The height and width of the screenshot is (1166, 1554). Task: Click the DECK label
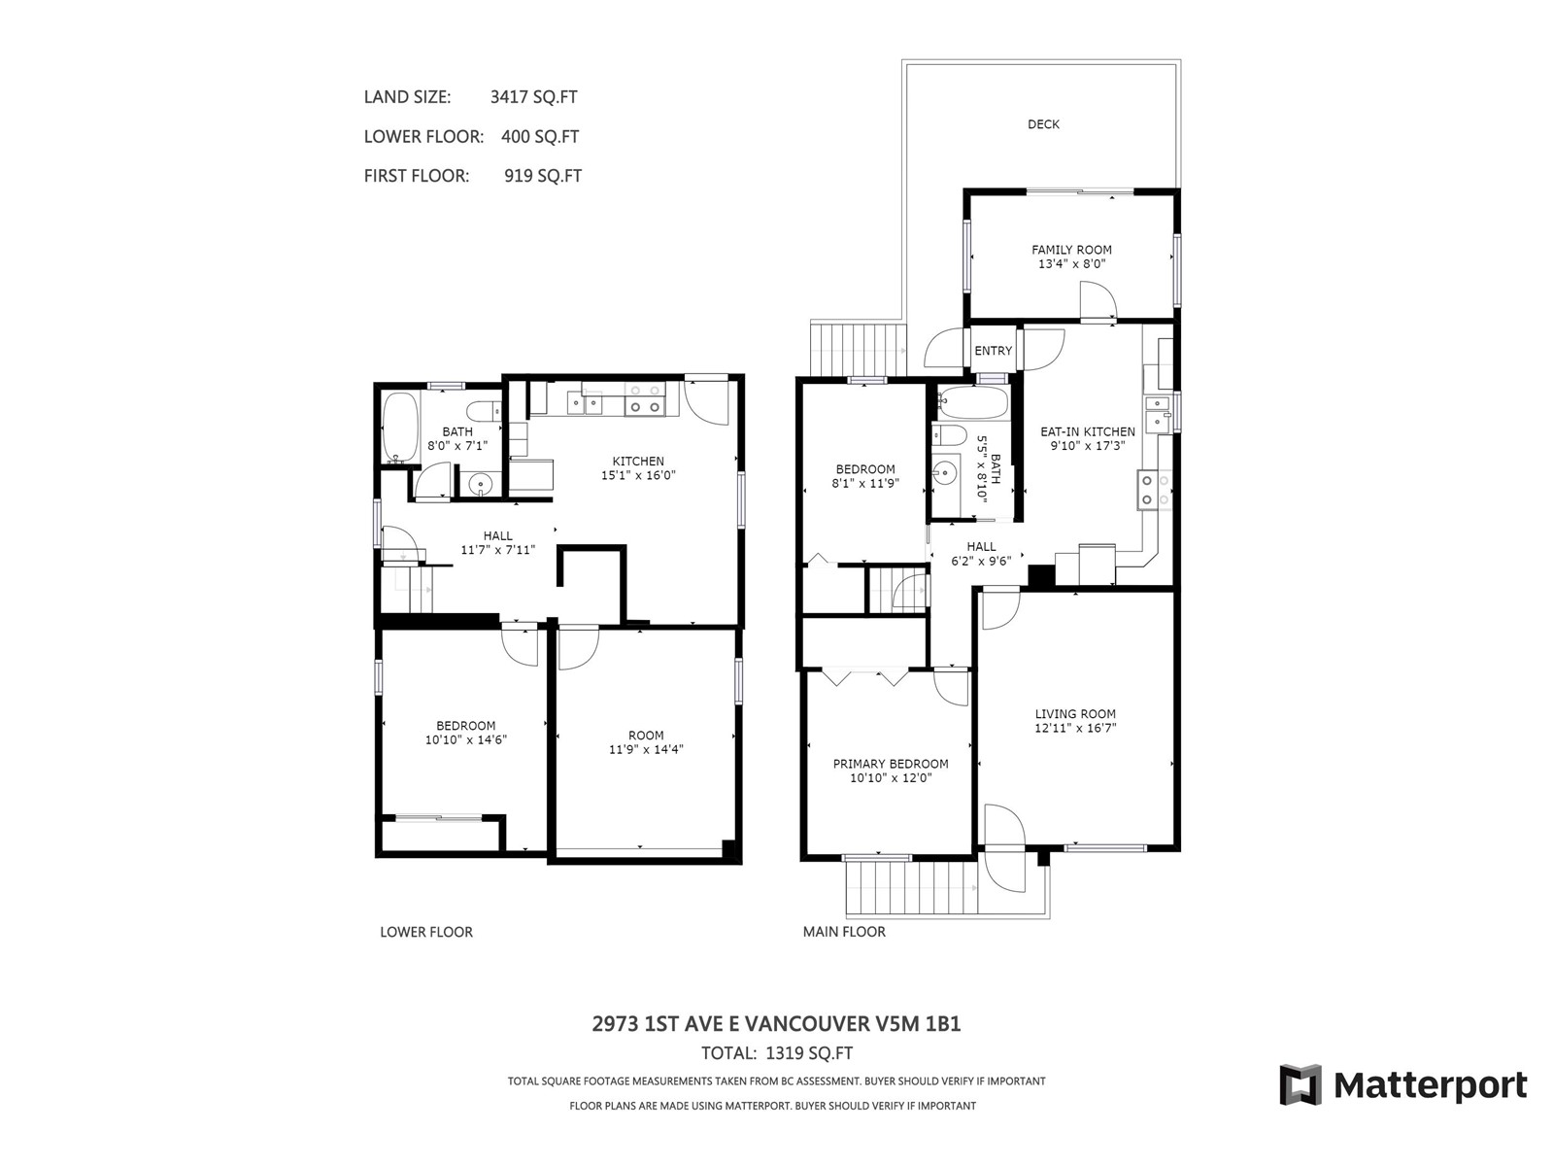tap(1043, 124)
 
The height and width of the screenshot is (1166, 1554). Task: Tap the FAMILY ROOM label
tap(1071, 250)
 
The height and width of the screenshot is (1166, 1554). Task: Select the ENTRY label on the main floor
tap(993, 351)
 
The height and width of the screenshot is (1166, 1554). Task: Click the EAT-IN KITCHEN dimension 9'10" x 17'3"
tap(1088, 446)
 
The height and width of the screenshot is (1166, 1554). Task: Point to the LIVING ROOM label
tap(1075, 714)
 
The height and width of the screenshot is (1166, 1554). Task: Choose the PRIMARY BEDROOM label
tap(891, 764)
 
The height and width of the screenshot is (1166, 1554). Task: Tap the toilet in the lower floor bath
tap(484, 411)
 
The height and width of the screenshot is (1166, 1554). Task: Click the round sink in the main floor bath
tap(944, 471)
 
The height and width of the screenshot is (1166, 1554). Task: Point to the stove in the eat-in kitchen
tap(1153, 490)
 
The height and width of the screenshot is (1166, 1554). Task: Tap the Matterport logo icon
tap(1300, 1084)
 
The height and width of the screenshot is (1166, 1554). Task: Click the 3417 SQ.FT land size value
tap(534, 97)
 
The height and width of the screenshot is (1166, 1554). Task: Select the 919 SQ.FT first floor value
tap(543, 176)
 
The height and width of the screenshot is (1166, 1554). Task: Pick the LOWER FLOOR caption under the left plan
tap(426, 933)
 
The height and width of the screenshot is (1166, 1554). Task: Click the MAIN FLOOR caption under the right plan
tap(844, 933)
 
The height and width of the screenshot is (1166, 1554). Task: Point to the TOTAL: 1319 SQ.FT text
tap(777, 1053)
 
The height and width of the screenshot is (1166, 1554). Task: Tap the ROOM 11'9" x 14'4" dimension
tap(646, 750)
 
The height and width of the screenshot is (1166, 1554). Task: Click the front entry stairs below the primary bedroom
tap(913, 888)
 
